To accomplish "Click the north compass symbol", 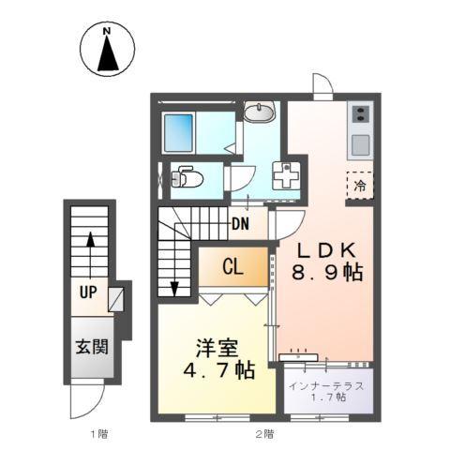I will click(108, 51).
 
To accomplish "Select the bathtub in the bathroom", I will click(178, 133).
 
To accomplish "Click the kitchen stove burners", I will click(361, 117).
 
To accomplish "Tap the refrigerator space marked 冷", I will click(360, 185).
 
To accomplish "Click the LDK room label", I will click(325, 250).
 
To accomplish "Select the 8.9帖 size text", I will click(324, 273).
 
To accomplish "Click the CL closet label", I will click(232, 266).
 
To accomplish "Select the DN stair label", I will click(241, 225).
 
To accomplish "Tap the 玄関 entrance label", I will click(90, 347).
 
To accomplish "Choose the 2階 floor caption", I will click(265, 433).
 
